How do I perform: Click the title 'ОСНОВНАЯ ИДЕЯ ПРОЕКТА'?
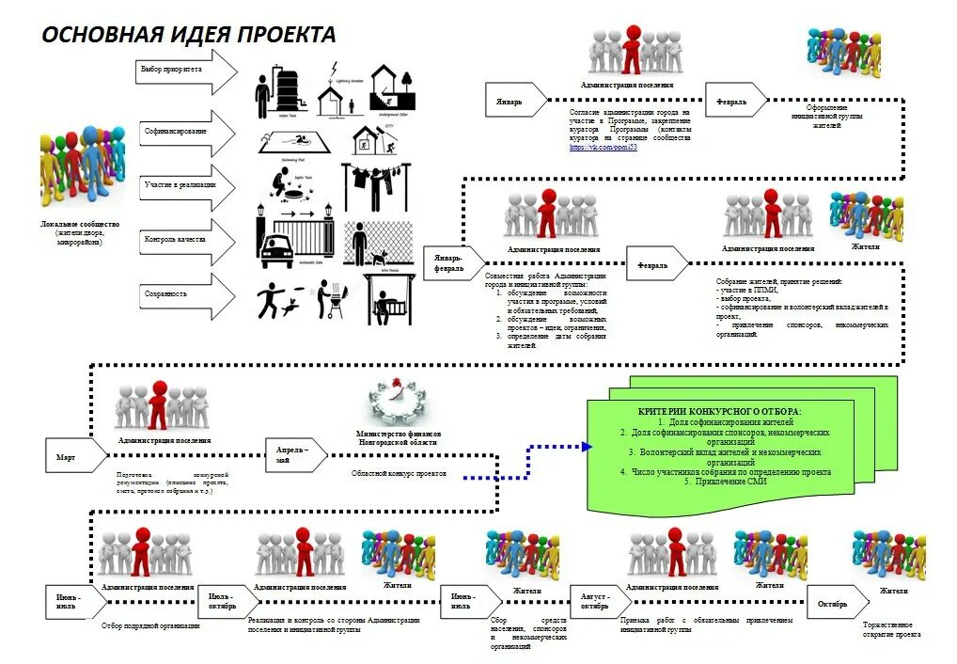tap(188, 36)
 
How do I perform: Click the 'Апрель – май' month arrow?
tap(297, 456)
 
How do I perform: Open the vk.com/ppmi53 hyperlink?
tap(604, 148)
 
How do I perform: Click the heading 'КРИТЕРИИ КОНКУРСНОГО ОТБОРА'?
tap(720, 412)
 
